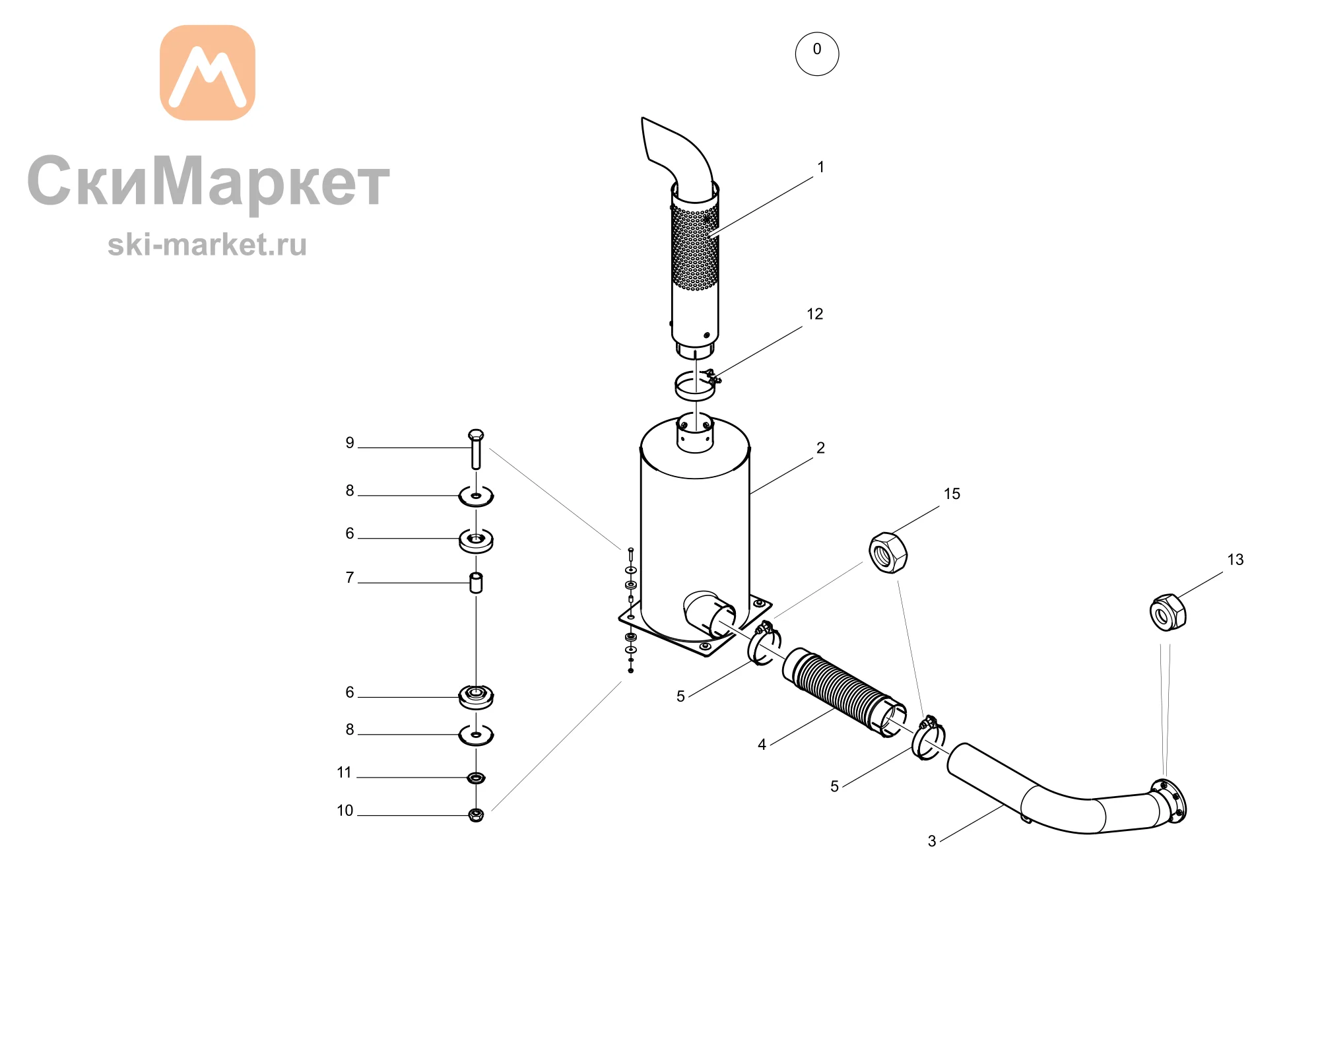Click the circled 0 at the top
coord(817,53)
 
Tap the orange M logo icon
coord(207,73)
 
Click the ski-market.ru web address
coord(207,245)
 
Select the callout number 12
coord(815,314)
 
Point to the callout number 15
coord(952,494)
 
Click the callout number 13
coord(1236,560)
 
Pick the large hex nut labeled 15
coord(888,553)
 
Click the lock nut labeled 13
coord(1168,613)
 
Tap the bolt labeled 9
coord(476,449)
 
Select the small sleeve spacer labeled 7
coord(476,583)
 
